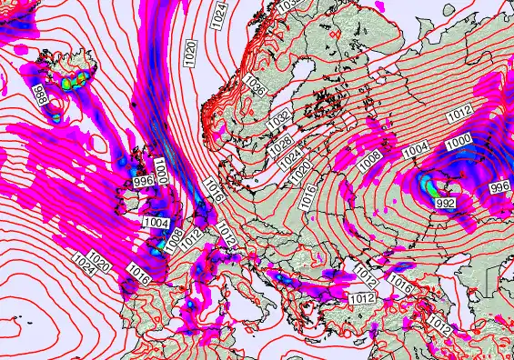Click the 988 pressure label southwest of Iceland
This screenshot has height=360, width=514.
41,95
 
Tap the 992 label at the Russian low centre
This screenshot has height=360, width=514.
445,203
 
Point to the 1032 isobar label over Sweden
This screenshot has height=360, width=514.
278,116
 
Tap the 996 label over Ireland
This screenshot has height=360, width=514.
144,182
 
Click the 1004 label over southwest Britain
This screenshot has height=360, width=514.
155,222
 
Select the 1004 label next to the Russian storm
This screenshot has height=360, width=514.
415,148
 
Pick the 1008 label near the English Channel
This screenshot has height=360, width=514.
173,236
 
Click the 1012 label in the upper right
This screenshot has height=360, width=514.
460,112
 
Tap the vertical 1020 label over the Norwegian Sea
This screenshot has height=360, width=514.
189,51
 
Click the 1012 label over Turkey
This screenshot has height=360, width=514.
362,297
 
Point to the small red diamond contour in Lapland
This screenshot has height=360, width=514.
334,34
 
